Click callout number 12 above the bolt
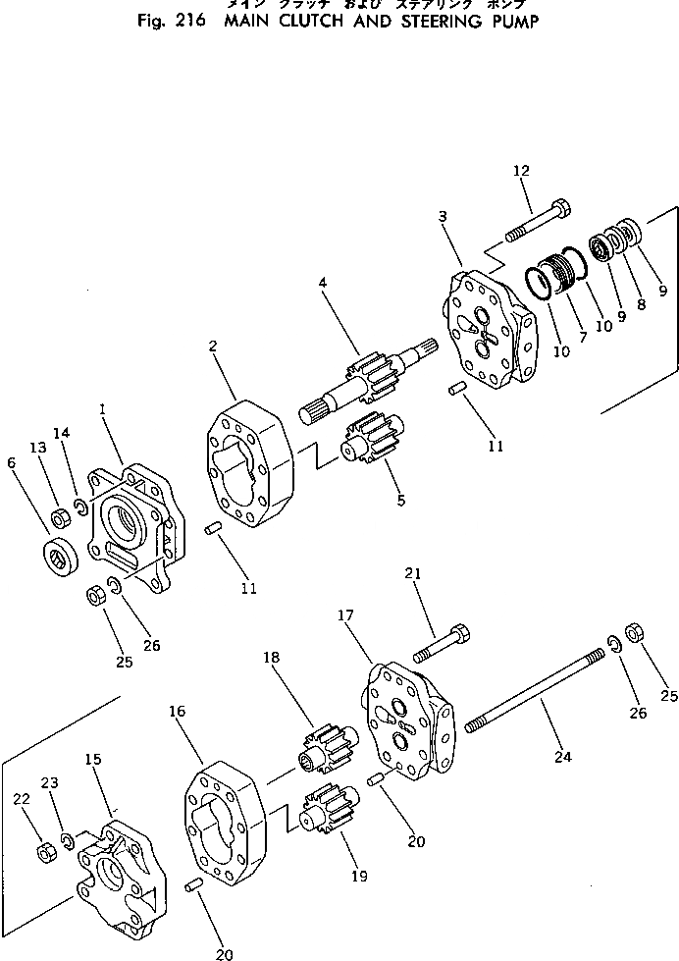pyautogui.click(x=520, y=171)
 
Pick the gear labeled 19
pyautogui.click(x=327, y=814)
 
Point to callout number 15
pyautogui.click(x=93, y=760)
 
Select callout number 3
pyautogui.click(x=443, y=215)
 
